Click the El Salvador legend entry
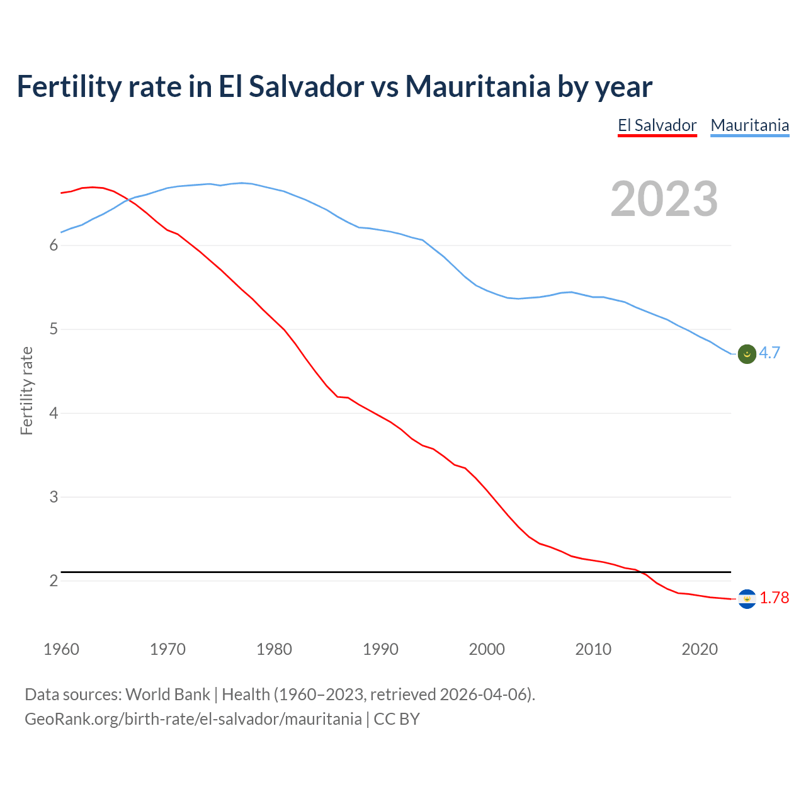click(x=657, y=125)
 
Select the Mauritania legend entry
click(x=749, y=125)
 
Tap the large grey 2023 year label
click(x=664, y=199)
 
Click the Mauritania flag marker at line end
click(x=747, y=354)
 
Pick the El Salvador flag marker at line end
click(x=747, y=599)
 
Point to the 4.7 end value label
click(x=769, y=353)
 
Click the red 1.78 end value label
click(x=774, y=598)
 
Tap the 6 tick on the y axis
click(x=54, y=246)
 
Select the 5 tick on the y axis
click(x=54, y=329)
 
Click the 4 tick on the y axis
click(x=54, y=414)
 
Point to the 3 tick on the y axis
click(x=54, y=497)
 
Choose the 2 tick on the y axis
click(x=54, y=581)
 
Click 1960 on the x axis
click(x=61, y=649)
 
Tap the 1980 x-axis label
click(x=274, y=649)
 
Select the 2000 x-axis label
click(x=487, y=649)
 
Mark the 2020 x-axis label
click(x=700, y=649)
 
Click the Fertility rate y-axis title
click(x=26, y=390)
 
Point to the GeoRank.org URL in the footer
click(x=193, y=719)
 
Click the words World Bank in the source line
click(x=167, y=695)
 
